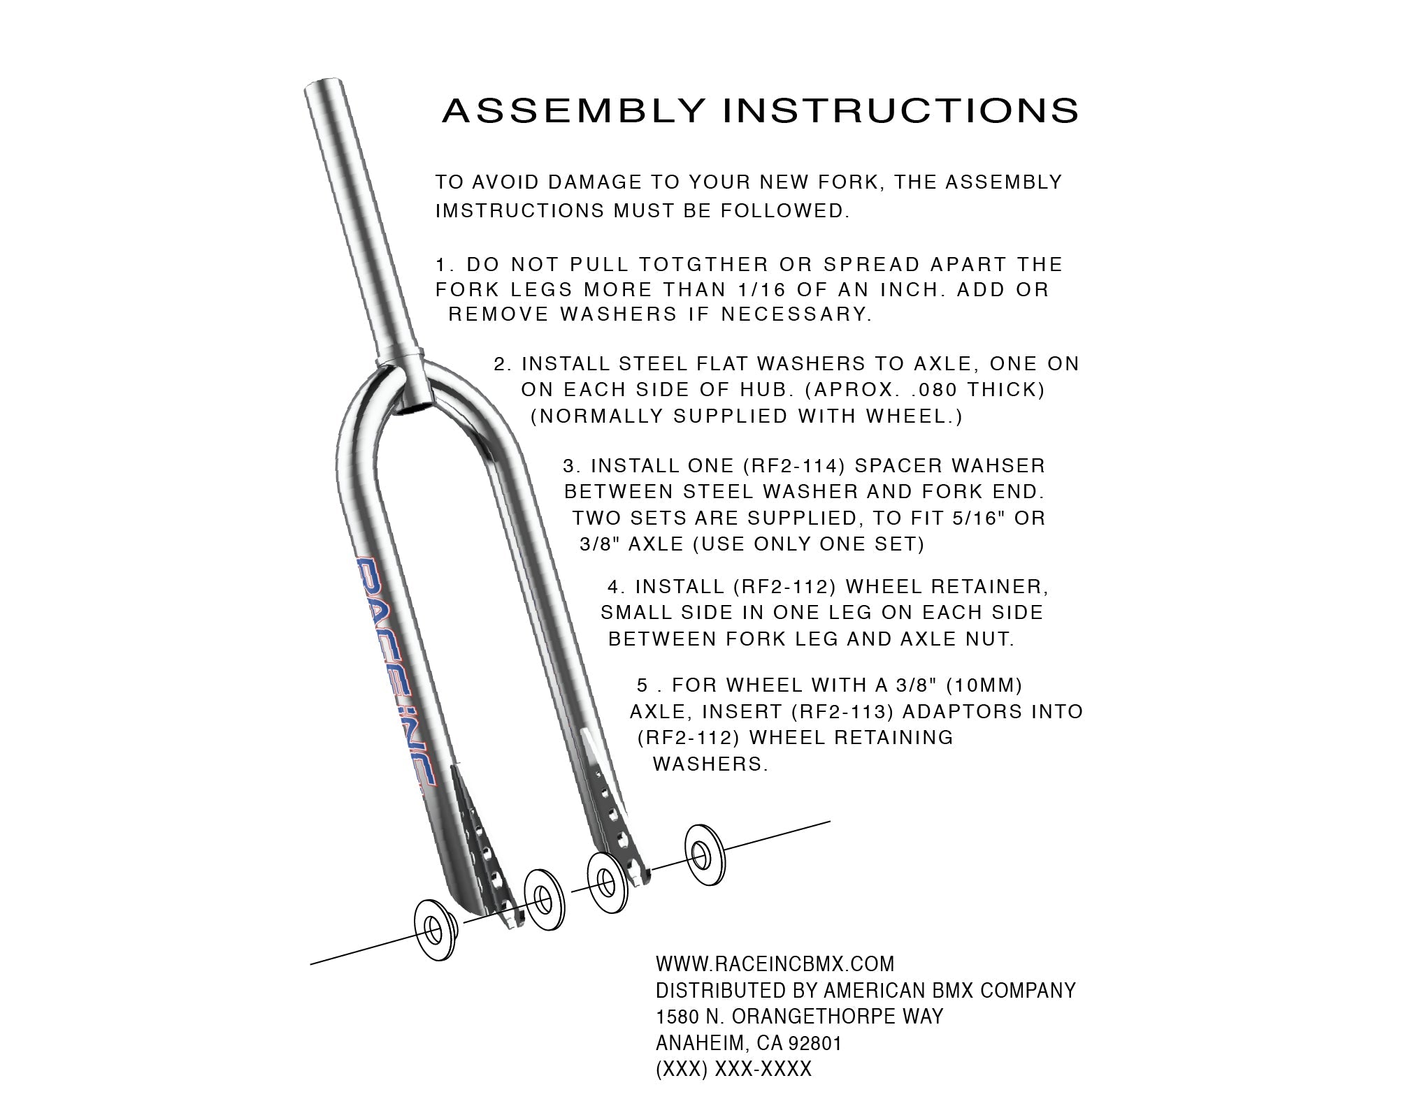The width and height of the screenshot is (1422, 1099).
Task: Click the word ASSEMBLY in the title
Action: [x=574, y=111]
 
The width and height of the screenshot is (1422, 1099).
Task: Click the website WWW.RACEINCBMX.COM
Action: [x=775, y=965]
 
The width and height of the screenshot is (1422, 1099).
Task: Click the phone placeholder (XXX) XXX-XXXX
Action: [x=733, y=1070]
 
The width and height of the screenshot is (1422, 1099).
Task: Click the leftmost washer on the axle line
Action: [x=435, y=931]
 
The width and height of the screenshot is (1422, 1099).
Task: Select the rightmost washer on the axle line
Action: [x=704, y=856]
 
